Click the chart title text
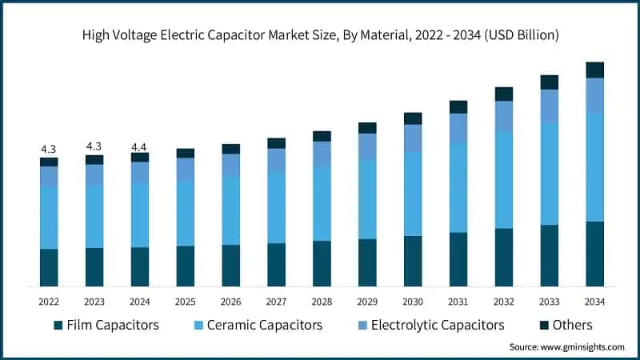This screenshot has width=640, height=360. point(320,35)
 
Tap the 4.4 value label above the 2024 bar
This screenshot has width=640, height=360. point(139,146)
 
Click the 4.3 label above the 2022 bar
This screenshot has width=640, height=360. point(49,150)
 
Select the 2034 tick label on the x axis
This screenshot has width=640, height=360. point(594,301)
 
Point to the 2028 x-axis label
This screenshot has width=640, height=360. point(322,301)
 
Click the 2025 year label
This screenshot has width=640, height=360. point(185,301)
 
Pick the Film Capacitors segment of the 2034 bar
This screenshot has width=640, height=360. point(594,254)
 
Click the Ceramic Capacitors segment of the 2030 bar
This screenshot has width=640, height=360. point(413,194)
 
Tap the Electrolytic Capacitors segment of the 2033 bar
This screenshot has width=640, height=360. point(549,106)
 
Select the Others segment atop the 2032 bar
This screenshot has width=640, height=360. point(503,94)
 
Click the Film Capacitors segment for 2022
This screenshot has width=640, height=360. point(49,267)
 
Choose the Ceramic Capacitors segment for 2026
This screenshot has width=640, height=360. point(230,210)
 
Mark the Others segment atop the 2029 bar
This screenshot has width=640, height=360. point(367,128)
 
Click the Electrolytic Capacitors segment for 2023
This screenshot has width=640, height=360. point(94,175)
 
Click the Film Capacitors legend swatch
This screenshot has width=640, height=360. point(58,326)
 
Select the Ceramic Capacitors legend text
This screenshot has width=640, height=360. point(265,325)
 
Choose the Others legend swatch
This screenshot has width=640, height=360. point(543,326)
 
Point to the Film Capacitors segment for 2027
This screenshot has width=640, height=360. point(276,265)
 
